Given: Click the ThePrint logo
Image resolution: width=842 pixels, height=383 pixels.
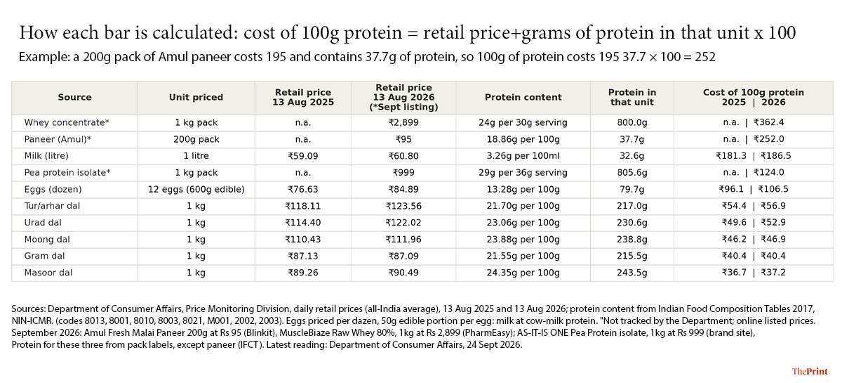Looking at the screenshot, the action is pos(810,371).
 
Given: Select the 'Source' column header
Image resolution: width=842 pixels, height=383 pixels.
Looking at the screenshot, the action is pos(74,97).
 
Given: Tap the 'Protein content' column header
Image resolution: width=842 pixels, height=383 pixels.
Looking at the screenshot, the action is pos(523,97).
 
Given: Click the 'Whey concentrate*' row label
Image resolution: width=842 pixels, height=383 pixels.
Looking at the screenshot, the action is pos(67,122).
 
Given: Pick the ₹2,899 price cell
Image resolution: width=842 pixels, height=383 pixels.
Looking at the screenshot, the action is pos(403,122).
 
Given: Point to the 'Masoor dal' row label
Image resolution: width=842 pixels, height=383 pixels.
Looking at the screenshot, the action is pos(48,273).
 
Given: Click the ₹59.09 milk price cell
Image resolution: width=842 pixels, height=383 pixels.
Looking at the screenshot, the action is pos(303,156).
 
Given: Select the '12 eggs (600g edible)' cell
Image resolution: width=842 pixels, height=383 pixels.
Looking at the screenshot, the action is pos(196,189).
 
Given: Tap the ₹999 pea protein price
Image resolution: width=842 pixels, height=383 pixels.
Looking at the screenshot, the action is pos(403,172).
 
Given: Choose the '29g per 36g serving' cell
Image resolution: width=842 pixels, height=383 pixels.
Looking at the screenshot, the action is pos(523,172).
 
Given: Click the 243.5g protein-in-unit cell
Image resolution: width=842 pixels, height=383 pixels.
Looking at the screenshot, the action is pos(632,273).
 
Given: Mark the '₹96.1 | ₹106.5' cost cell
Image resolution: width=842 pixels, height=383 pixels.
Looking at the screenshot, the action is pos(754,189).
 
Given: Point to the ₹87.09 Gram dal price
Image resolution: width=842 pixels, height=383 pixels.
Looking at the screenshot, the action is pos(403,256).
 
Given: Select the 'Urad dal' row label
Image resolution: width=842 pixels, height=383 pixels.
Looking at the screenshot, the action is pos(43,223).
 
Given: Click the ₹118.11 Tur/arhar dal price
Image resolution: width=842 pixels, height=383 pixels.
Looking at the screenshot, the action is pos(303,206).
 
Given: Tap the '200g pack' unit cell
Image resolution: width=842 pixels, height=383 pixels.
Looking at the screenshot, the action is pos(196,139).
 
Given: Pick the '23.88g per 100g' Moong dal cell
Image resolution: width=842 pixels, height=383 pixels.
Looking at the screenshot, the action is pos(523,240).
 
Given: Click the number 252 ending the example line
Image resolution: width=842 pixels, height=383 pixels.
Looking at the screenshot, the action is pos(704,57).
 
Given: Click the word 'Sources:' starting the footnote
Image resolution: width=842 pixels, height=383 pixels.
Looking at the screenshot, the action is pos(29,309).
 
